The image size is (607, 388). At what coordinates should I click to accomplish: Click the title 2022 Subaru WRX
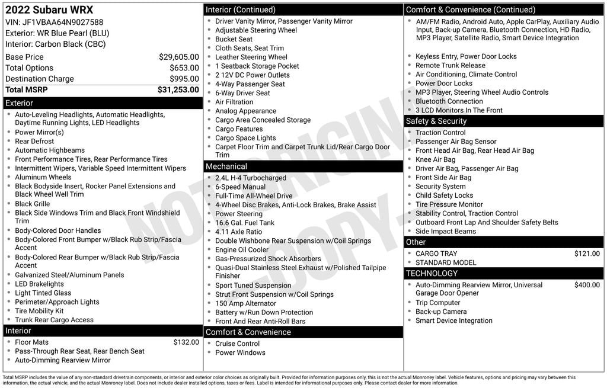click(x=49, y=10)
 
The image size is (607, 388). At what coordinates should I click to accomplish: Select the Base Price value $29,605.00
click(x=178, y=57)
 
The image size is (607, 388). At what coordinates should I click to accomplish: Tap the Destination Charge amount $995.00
click(x=184, y=79)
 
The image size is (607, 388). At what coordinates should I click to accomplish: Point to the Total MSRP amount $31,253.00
click(x=178, y=89)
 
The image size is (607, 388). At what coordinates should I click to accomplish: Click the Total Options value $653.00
click(x=184, y=68)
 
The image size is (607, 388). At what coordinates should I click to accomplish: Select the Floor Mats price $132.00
click(x=186, y=342)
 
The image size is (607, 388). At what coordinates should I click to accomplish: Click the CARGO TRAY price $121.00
click(x=587, y=254)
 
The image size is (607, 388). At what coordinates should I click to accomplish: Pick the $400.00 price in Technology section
click(x=587, y=285)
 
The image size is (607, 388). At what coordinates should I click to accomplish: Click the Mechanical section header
click(x=226, y=166)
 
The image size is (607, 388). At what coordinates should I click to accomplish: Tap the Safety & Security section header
click(x=436, y=121)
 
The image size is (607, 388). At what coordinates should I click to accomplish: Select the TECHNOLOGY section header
click(x=432, y=273)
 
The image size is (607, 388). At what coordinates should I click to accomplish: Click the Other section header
click(x=416, y=242)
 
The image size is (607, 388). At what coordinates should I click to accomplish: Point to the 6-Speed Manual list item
click(x=240, y=187)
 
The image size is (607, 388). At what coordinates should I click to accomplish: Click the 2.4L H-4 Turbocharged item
click(x=250, y=178)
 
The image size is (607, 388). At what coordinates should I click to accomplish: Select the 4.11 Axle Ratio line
click(x=238, y=232)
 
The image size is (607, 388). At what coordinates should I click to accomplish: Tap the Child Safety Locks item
click(x=444, y=195)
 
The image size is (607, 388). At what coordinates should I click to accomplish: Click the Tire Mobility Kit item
click(x=39, y=311)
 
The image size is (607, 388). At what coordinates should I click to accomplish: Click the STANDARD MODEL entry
click(x=446, y=262)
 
